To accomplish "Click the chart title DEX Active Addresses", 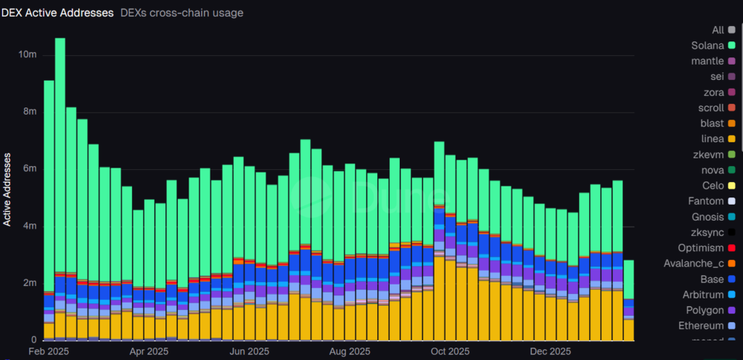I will [x=58, y=12].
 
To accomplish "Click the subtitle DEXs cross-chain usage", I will [x=181, y=12].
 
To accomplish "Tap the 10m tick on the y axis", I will [x=28, y=55].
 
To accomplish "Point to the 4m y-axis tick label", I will [x=30, y=226].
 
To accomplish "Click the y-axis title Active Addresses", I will [x=7, y=189].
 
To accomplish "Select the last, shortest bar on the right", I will [x=628, y=305].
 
